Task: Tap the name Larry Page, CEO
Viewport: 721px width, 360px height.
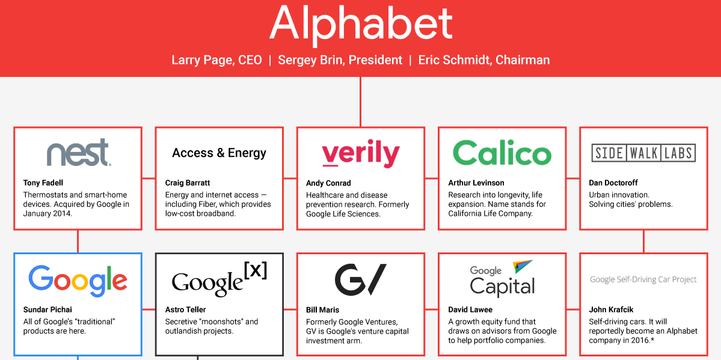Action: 216,60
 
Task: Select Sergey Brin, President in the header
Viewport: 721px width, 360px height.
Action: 340,60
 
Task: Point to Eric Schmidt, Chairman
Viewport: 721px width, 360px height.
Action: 483,60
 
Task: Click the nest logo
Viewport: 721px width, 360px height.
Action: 79,153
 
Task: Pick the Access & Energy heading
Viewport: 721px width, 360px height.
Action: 219,153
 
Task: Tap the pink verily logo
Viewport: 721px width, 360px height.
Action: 361,154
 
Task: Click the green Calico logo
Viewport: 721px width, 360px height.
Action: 502,153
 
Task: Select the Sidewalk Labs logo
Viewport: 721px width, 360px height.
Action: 643,153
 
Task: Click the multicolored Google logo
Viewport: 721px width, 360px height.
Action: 78,281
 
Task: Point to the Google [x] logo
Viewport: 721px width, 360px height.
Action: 219,279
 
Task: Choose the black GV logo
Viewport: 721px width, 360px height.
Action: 361,279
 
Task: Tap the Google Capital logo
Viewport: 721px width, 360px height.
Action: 502,279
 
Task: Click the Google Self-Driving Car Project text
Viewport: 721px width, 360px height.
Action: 643,279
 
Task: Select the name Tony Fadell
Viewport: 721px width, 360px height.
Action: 44,183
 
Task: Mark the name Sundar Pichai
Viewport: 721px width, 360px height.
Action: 48,310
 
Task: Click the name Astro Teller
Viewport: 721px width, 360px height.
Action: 185,310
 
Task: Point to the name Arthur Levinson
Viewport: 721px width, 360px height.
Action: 476,183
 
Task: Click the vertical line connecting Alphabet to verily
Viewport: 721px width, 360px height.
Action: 360,102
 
